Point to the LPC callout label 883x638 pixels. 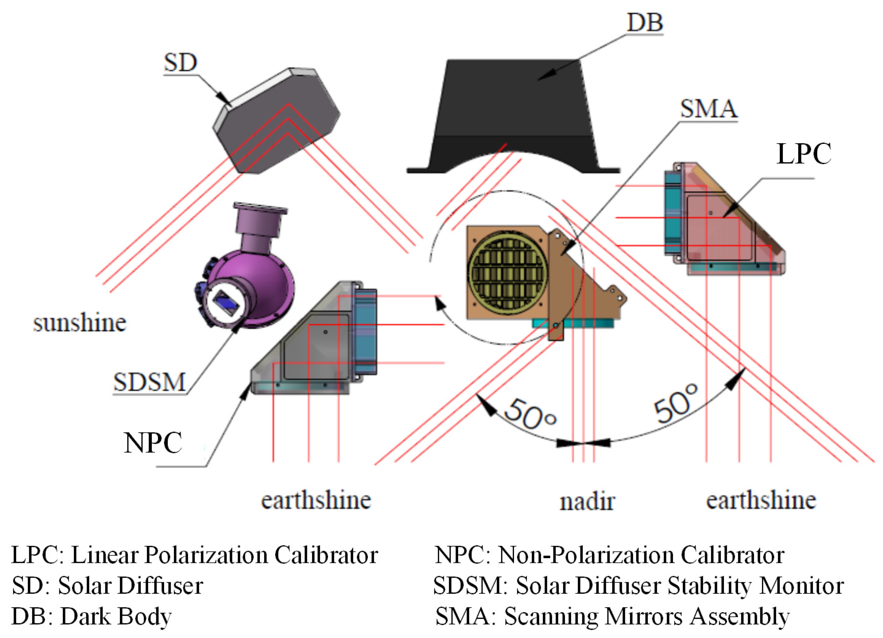[x=804, y=154]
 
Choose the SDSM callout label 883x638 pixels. [x=149, y=382]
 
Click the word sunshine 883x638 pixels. [x=80, y=323]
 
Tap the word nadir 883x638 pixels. [x=587, y=502]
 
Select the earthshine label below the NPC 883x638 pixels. [x=316, y=500]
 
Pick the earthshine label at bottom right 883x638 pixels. [x=761, y=500]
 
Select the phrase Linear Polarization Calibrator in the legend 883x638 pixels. [x=225, y=555]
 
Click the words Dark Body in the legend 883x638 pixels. [x=116, y=617]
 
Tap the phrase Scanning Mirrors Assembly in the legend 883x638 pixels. [x=647, y=617]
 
